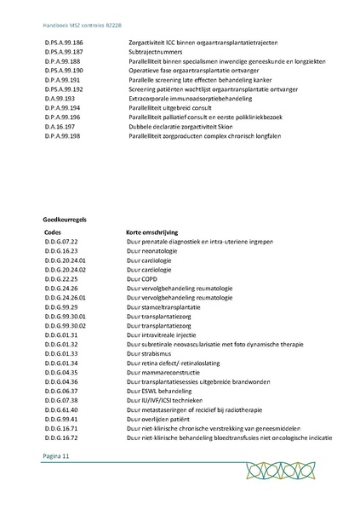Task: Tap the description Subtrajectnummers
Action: coord(157,51)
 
